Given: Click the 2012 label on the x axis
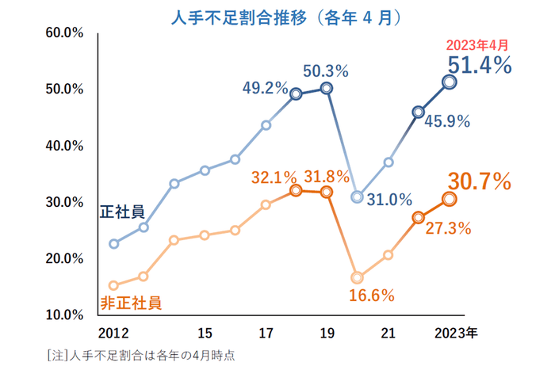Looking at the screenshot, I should coord(113,332).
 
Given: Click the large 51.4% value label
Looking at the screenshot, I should coord(479,65).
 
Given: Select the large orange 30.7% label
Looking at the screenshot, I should coord(478,182).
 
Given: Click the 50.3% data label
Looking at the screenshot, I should coord(326,71).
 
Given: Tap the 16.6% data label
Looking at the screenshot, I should coord(372,296).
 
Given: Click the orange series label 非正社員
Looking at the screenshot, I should coord(130,302).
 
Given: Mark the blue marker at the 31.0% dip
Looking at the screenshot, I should coord(358,196).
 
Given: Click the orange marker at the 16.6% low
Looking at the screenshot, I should coord(358,277).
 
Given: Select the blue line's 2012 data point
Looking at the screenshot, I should coord(113,243).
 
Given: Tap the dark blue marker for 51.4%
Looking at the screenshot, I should coord(449,82).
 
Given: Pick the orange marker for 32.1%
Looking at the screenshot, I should coord(296,190).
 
